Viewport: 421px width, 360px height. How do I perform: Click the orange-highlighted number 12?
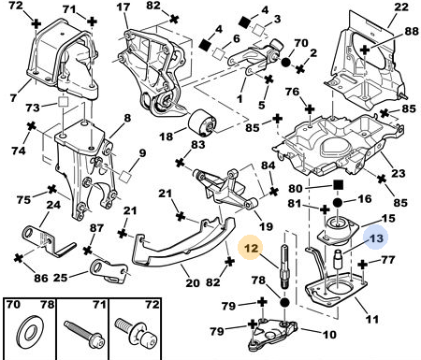[252, 248]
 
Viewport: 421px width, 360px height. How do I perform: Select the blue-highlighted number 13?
[376, 238]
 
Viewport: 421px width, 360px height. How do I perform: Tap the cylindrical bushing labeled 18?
[202, 123]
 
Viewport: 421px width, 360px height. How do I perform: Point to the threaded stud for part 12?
[285, 267]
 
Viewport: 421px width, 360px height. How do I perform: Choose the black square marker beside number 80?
[338, 185]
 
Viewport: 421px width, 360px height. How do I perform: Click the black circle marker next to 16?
[338, 203]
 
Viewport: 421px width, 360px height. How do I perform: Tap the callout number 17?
[123, 7]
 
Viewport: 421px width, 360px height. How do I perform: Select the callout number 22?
[401, 7]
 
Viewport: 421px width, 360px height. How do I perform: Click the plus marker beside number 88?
[365, 50]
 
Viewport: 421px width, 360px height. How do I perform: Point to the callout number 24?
[53, 205]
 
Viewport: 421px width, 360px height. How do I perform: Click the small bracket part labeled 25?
[109, 269]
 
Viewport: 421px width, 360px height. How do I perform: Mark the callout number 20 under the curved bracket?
[193, 283]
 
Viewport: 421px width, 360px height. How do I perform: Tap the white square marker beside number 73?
[64, 102]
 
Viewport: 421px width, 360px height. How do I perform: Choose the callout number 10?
[329, 335]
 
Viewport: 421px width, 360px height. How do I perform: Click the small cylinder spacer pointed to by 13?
[339, 258]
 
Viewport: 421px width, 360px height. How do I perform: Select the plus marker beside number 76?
[310, 109]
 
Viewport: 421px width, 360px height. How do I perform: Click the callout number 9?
[142, 153]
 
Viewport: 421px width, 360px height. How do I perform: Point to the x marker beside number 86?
[20, 258]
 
